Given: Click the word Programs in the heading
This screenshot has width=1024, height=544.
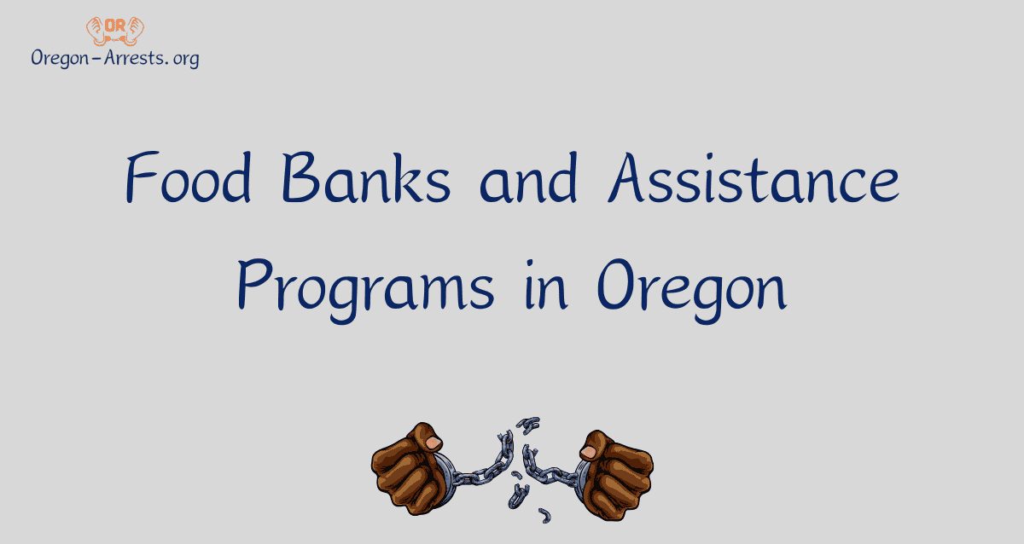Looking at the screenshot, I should coord(365,288).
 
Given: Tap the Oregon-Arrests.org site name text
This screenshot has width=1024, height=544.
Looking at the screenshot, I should coord(114,58).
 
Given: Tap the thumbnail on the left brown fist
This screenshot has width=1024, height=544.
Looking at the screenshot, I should coord(433,442).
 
